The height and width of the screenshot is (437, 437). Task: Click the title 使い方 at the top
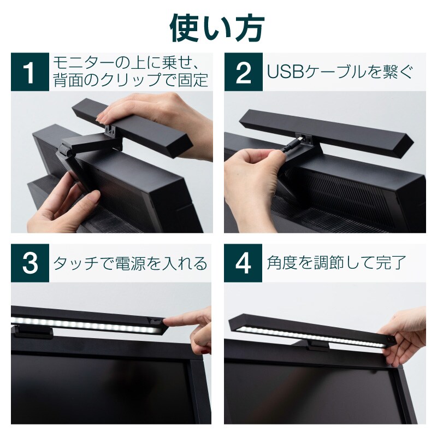pos(217,28)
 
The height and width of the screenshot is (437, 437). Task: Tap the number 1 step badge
pos(30,72)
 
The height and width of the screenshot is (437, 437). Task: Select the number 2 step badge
pos(243,72)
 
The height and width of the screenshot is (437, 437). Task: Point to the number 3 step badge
pos(30,263)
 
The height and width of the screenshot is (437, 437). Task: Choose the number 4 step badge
pos(243,263)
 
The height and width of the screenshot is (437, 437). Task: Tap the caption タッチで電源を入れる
pos(130,263)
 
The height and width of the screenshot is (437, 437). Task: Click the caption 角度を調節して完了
pos(336,263)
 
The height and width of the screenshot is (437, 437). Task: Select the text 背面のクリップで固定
pos(131,80)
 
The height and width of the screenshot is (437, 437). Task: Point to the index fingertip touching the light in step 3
pos(167,322)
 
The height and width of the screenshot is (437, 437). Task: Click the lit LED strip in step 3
pos(86,324)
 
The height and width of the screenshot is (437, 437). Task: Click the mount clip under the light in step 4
pos(318,346)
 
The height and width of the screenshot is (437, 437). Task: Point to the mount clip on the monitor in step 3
pos(33,332)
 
